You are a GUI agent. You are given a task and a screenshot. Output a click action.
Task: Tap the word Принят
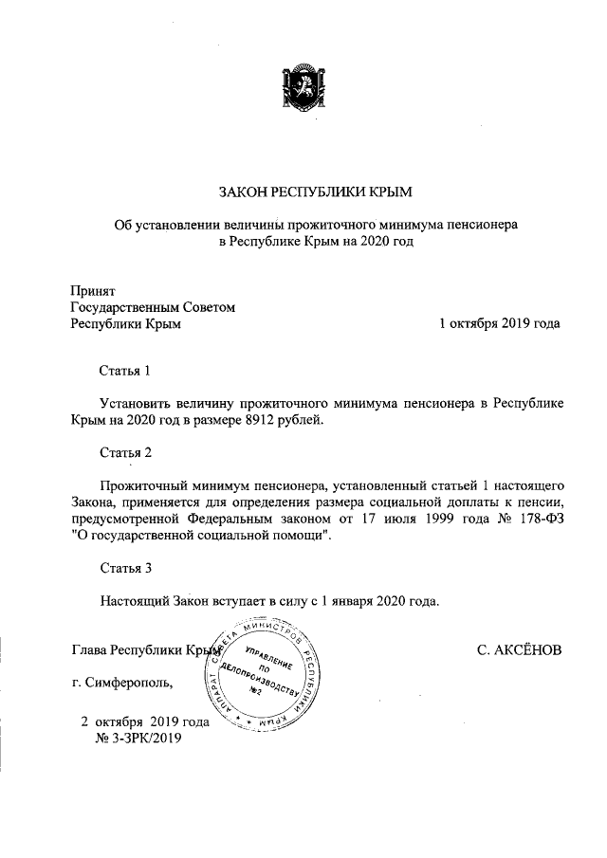93,289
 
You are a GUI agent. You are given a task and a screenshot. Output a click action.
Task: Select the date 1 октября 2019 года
498,323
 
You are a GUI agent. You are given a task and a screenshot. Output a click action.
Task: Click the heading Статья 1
125,369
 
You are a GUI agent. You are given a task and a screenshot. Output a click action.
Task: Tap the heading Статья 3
125,569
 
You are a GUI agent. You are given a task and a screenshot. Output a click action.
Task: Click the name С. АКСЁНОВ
519,650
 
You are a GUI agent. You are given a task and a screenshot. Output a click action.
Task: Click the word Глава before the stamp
89,650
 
